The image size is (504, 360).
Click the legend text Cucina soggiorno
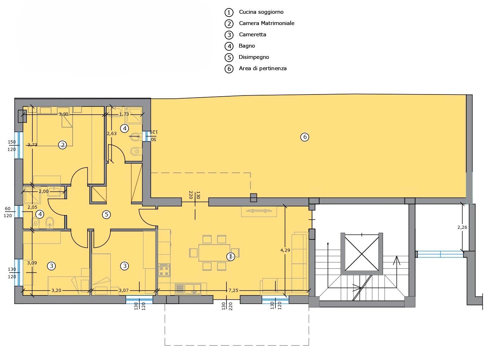point(261,12)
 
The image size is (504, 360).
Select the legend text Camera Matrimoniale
point(267,23)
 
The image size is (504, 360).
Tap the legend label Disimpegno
point(254,57)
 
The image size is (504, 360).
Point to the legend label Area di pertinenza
point(263,68)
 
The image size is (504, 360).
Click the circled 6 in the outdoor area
point(305,137)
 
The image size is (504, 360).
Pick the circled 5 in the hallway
point(107,214)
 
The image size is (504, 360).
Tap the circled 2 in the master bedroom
point(62,145)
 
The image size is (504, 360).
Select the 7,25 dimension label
point(233,291)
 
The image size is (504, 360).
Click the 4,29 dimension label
point(285,250)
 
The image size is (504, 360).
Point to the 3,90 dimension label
point(63,114)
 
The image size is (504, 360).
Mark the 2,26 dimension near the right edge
point(462,227)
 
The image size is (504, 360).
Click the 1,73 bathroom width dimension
point(124,114)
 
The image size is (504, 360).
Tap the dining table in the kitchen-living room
point(214,253)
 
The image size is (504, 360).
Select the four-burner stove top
point(164,270)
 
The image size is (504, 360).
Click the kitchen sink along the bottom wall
point(188,289)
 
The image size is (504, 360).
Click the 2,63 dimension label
point(111,134)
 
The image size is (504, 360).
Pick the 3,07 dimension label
point(123,291)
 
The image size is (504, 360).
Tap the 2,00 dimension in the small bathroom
point(43,191)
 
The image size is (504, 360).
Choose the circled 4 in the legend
point(229,46)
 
